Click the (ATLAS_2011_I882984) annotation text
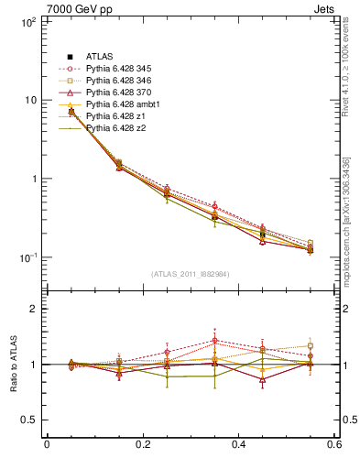(191, 274)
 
